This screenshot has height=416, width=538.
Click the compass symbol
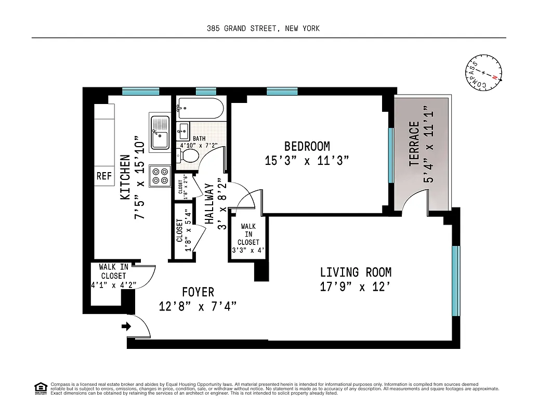tap(484, 73)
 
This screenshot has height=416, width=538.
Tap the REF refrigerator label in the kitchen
tap(104, 176)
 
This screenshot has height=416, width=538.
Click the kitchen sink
tap(160, 132)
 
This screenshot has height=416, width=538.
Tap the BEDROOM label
tap(307, 146)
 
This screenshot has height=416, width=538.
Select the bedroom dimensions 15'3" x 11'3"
tap(307, 161)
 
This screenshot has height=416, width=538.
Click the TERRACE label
tap(414, 144)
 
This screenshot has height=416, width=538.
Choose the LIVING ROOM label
tap(356, 272)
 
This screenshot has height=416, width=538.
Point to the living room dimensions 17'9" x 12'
tap(356, 287)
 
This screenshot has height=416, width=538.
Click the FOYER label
tap(198, 292)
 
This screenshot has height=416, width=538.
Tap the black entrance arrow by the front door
tap(125, 327)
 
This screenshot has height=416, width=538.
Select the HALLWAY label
tap(209, 203)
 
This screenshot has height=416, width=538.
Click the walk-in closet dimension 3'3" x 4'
tap(248, 250)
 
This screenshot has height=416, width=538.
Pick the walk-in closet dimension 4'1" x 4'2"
tap(113, 284)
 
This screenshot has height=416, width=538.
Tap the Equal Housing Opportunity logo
tap(40, 387)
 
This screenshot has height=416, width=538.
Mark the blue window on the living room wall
tap(456, 281)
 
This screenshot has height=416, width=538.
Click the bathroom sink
tap(183, 129)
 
